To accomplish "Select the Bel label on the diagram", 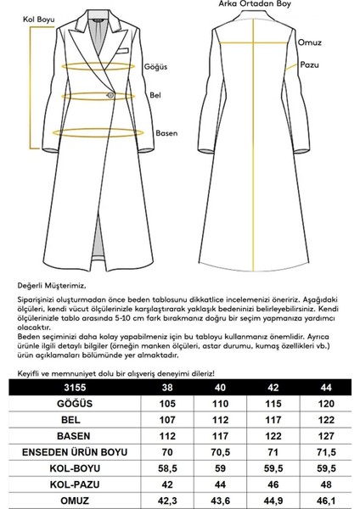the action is tap(155, 97).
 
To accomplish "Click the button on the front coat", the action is tap(108, 93).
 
